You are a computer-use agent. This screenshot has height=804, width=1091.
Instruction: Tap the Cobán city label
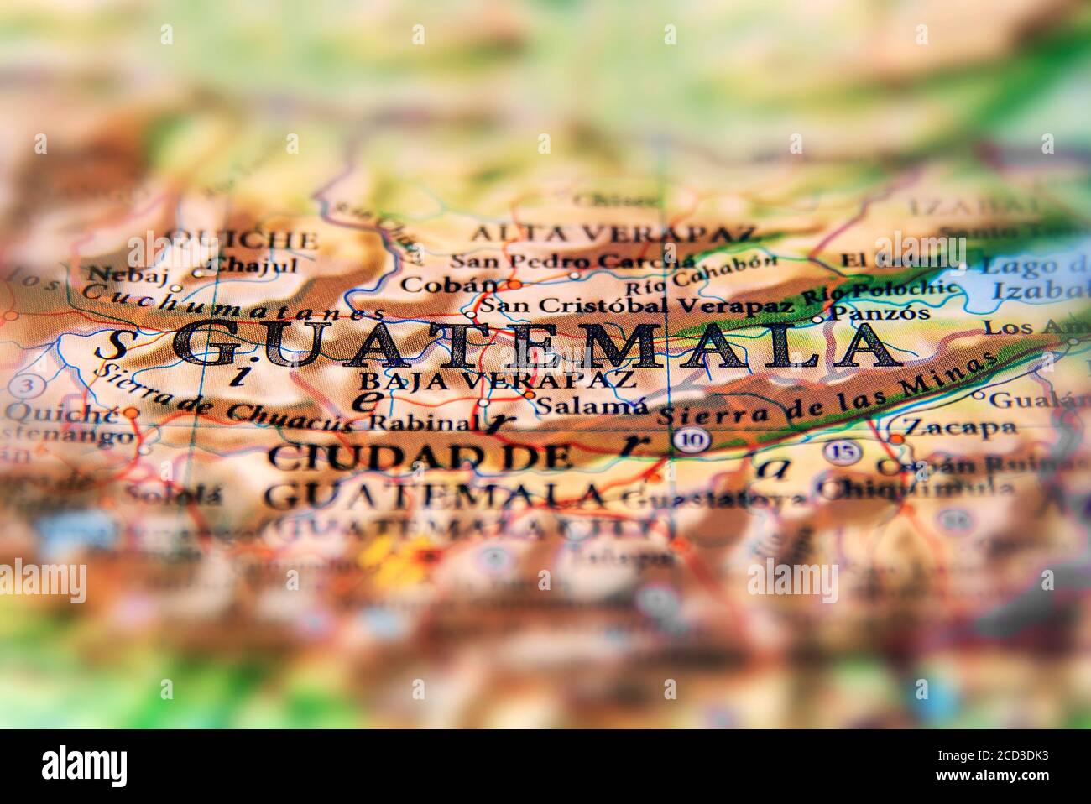tap(449, 284)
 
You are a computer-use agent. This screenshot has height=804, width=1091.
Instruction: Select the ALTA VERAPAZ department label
tap(612, 233)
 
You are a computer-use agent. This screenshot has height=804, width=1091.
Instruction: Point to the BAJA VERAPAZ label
tap(497, 380)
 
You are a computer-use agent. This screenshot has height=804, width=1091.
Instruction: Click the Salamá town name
tap(592, 406)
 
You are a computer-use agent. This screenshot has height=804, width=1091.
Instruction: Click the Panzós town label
tap(880, 313)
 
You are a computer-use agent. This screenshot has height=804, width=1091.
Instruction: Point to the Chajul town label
tap(253, 265)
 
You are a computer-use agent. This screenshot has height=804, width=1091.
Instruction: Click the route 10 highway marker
tap(693, 439)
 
